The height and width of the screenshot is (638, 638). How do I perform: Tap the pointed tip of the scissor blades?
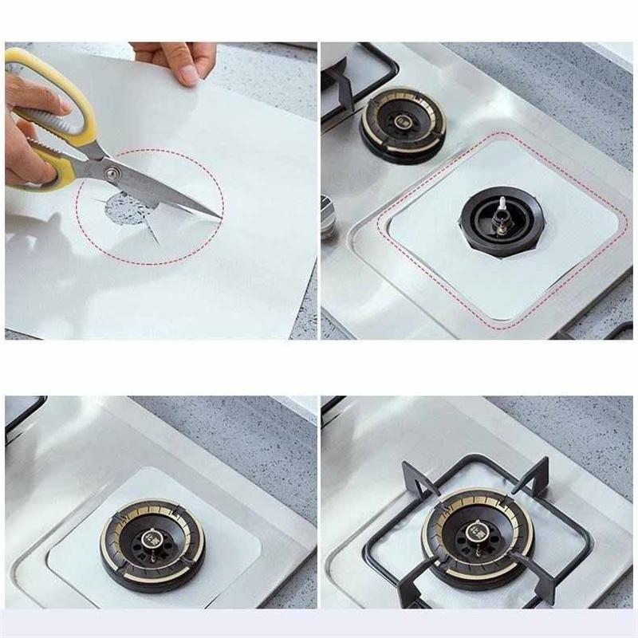(220, 217)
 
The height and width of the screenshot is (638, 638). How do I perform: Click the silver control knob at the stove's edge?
(329, 220)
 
